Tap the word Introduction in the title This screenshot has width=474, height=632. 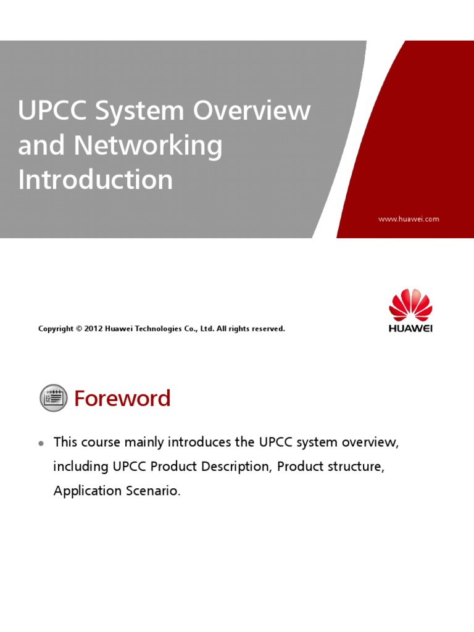click(96, 180)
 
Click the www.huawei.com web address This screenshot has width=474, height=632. click(409, 219)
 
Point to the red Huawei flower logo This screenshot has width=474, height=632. click(410, 305)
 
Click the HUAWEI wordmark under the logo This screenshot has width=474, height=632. click(410, 328)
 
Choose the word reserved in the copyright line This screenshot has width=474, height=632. click(266, 329)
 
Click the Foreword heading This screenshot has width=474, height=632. click(122, 399)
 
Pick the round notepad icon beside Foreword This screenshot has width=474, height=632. click(54, 398)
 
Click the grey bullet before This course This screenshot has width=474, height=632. click(41, 443)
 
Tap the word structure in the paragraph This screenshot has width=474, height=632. click(359, 467)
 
